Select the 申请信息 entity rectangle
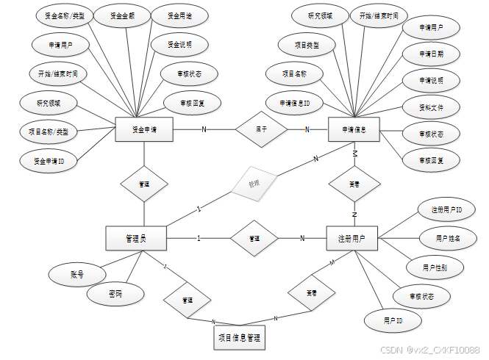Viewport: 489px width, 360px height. (355, 130)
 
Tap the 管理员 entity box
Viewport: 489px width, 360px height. (136, 238)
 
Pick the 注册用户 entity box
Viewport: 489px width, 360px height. (351, 238)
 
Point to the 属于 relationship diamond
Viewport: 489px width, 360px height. (261, 129)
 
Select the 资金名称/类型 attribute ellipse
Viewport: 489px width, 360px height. (60, 16)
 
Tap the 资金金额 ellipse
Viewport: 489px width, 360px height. (121, 16)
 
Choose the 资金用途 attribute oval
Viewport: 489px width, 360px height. (179, 16)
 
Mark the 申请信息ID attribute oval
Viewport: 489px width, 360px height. (289, 103)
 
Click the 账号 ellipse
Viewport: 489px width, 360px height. (76, 275)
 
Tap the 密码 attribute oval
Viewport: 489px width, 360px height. (114, 294)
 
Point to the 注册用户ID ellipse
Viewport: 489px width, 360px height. (446, 210)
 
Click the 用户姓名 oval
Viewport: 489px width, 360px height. (448, 239)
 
